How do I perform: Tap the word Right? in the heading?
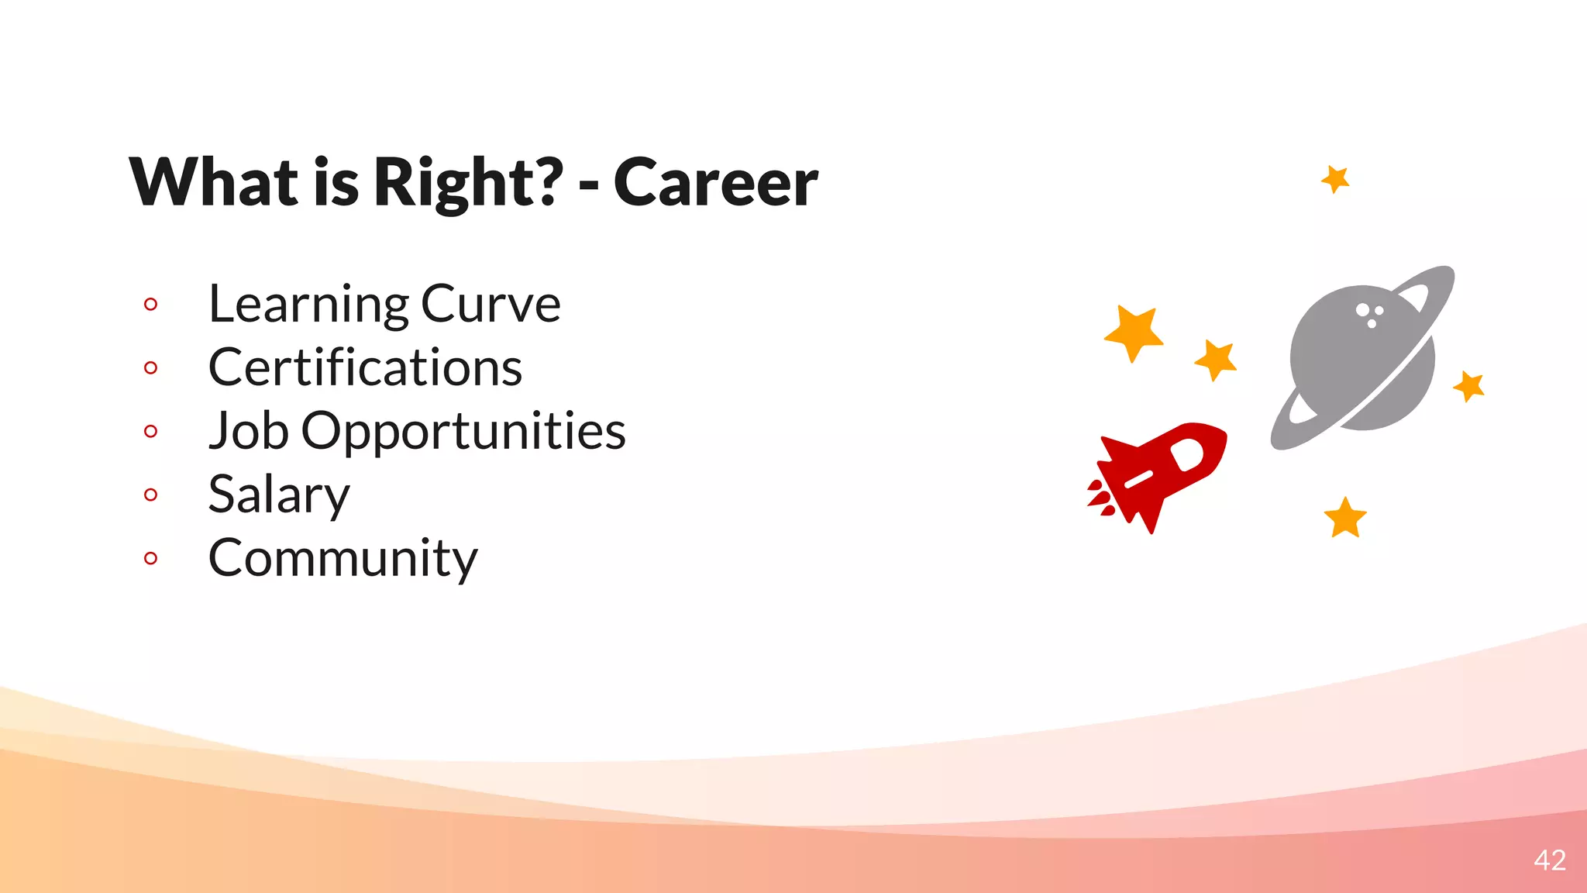click(x=468, y=183)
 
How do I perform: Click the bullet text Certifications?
click(x=365, y=367)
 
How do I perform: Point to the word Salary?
click(x=279, y=495)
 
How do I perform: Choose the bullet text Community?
click(x=343, y=558)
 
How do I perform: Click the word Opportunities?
click(x=463, y=432)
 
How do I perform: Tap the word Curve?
click(x=491, y=304)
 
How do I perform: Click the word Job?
click(x=249, y=430)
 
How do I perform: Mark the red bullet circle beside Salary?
click(x=151, y=495)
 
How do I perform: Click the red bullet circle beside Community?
click(x=151, y=558)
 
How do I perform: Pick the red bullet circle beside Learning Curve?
click(x=151, y=304)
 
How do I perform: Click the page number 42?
click(x=1549, y=860)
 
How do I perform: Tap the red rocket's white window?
click(x=1187, y=454)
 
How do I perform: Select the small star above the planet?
click(x=1335, y=179)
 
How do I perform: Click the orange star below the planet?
click(x=1344, y=518)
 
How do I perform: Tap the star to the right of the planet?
click(x=1469, y=385)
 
